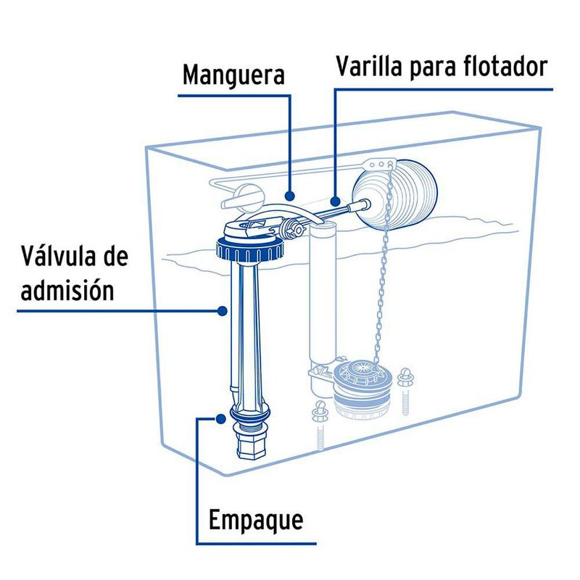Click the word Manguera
point(233,75)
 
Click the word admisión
point(67,290)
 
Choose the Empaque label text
point(255,520)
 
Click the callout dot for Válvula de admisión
point(223,310)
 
